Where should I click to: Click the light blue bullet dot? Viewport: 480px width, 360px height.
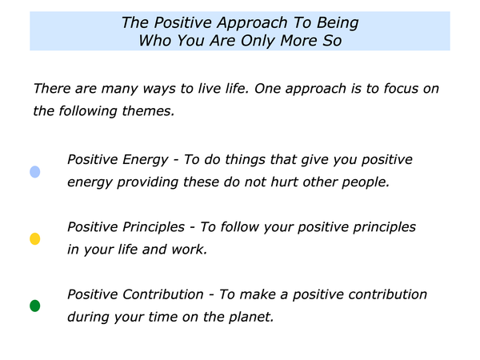click(x=35, y=172)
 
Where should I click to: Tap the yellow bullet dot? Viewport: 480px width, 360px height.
click(x=35, y=238)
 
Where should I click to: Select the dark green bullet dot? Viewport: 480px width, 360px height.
click(x=35, y=306)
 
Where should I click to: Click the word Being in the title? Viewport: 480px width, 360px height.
click(x=338, y=23)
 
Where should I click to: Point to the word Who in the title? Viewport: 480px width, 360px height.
click(x=155, y=41)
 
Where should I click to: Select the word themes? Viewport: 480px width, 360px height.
click(x=148, y=111)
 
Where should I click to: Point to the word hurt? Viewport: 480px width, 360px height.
click(x=284, y=182)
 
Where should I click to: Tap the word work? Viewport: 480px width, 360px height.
click(x=189, y=250)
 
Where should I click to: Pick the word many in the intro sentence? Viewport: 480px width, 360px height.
click(x=120, y=90)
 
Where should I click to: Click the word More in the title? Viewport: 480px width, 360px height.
click(x=298, y=41)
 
